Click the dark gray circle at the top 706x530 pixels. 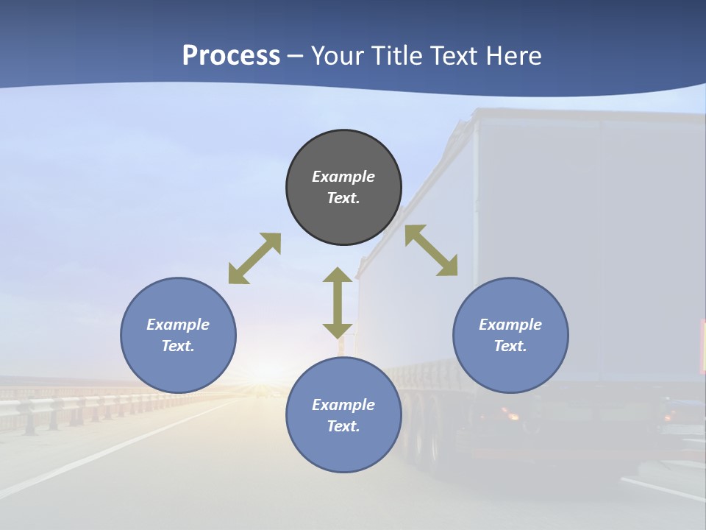pyautogui.click(x=343, y=187)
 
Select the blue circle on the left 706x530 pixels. pyautogui.click(x=178, y=335)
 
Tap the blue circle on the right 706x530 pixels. pyautogui.click(x=510, y=335)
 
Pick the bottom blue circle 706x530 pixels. pyautogui.click(x=343, y=414)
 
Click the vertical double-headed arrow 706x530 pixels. pyautogui.click(x=338, y=303)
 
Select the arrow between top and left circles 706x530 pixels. pyautogui.click(x=254, y=258)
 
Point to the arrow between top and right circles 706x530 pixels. pyautogui.click(x=432, y=250)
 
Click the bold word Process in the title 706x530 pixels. pyautogui.click(x=231, y=55)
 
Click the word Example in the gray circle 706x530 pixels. pyautogui.click(x=343, y=177)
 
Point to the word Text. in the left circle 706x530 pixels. pyautogui.click(x=178, y=346)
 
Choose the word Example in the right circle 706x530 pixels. pyautogui.click(x=510, y=325)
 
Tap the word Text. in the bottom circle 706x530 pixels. pyautogui.click(x=343, y=426)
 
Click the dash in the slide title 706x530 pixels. pyautogui.click(x=296, y=56)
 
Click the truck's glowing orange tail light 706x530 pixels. pyautogui.click(x=510, y=416)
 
